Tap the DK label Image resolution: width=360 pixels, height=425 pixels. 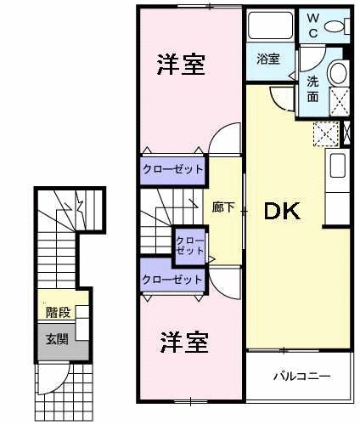(280, 212)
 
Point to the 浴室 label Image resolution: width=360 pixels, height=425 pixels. (268, 59)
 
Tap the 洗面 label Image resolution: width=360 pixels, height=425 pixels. (313, 88)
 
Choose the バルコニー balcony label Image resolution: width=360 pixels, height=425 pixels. (301, 375)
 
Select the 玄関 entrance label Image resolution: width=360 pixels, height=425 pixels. (56, 339)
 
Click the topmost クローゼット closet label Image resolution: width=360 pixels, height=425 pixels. (173, 168)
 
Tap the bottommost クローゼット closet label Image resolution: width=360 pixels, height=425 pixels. (173, 279)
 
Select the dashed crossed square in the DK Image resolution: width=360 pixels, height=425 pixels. (325, 134)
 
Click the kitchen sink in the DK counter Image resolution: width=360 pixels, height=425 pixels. (336, 165)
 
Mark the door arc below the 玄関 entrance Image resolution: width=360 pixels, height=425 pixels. (53, 377)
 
